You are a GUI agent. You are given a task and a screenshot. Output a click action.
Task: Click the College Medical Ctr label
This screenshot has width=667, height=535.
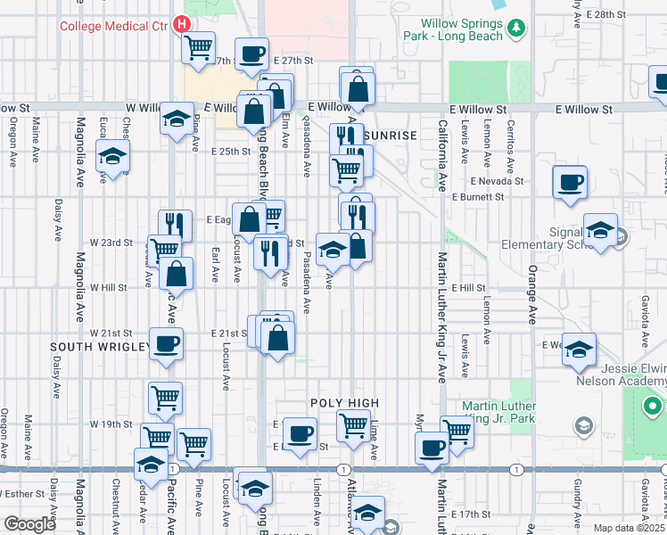coord(113,25)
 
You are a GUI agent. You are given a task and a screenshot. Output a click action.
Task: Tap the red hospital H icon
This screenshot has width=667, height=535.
coord(182,24)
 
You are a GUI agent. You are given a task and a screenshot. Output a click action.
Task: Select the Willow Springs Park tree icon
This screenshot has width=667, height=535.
coord(516,29)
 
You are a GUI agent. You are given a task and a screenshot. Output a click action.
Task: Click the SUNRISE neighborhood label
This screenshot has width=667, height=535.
coord(390,135)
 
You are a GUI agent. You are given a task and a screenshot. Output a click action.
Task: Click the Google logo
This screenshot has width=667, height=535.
coord(29,524)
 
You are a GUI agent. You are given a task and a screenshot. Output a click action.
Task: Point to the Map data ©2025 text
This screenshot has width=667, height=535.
coord(630,528)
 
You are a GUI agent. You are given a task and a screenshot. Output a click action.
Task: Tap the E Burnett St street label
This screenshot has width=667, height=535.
coord(479,197)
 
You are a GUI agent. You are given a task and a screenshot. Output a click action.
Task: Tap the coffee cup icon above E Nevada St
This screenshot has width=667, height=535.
coord(570,182)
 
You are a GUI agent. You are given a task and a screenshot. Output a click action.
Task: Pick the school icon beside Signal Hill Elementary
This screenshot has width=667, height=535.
coord(600,229)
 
